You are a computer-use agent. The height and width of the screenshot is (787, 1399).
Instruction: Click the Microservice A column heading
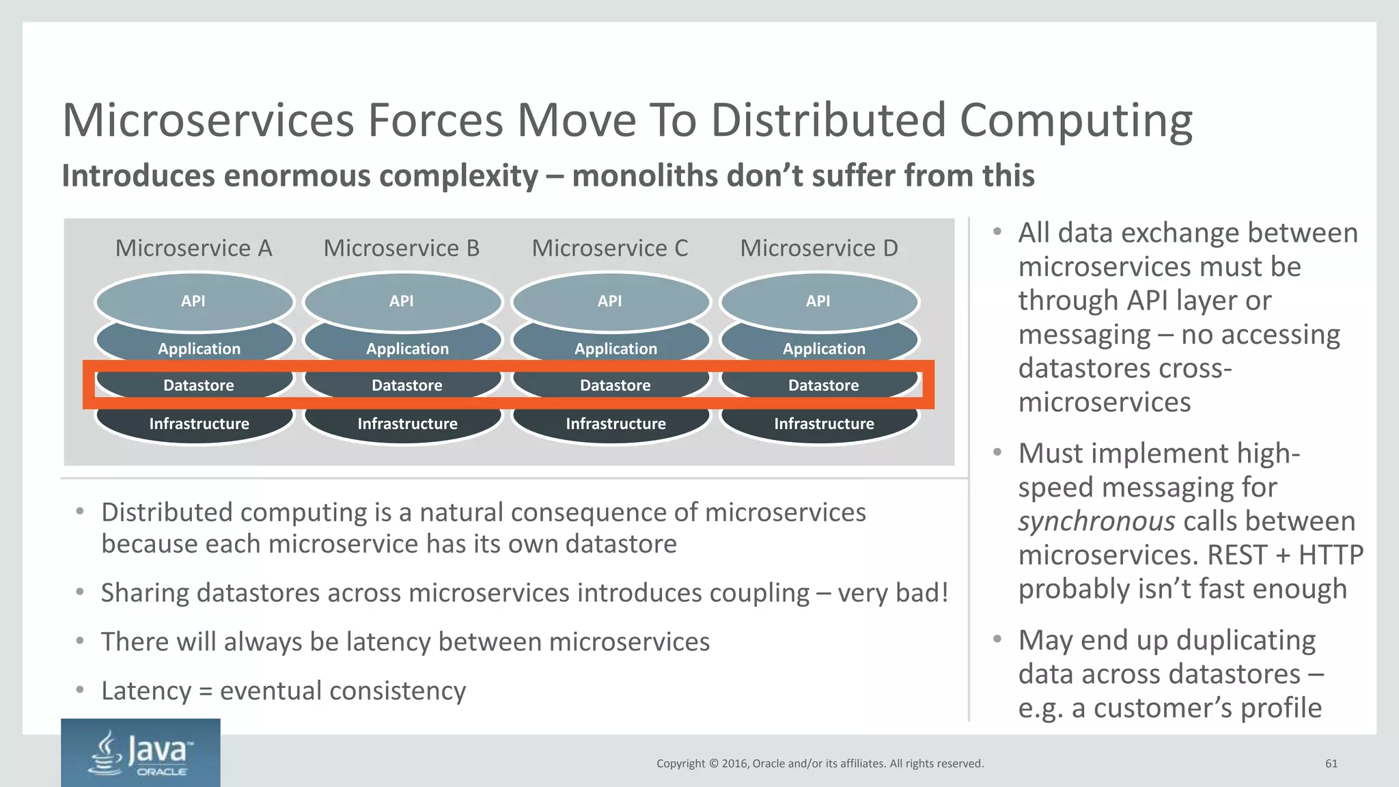[x=193, y=248]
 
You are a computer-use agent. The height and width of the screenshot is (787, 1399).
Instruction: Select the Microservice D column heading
[x=818, y=248]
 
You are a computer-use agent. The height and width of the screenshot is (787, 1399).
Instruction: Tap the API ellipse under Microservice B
[x=402, y=301]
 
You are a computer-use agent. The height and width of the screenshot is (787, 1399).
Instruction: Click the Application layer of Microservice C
[x=615, y=348]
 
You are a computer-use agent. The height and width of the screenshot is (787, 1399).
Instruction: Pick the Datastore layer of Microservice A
[x=198, y=385]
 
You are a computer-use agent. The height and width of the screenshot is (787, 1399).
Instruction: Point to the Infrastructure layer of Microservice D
[x=823, y=424]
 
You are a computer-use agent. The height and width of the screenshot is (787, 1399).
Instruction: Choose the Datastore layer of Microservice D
[x=823, y=385]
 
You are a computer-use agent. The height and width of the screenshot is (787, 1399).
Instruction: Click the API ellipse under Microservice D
[x=818, y=301]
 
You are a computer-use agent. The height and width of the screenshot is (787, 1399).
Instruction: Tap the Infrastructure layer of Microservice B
[x=407, y=424]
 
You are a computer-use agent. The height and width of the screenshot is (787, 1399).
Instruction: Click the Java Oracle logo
[x=141, y=752]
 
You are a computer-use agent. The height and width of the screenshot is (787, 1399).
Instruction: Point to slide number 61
[x=1331, y=764]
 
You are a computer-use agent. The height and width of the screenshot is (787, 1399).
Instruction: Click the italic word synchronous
[x=1096, y=521]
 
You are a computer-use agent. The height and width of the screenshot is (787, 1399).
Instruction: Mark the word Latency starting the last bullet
[x=146, y=691]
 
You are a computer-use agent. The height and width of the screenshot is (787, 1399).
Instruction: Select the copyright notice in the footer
[x=820, y=764]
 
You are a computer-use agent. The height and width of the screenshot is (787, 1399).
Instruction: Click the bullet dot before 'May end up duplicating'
[x=997, y=639]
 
